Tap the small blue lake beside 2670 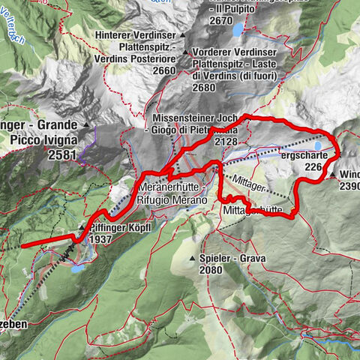point(238,30)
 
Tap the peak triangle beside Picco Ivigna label point(86,124)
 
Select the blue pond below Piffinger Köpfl point(78,266)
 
